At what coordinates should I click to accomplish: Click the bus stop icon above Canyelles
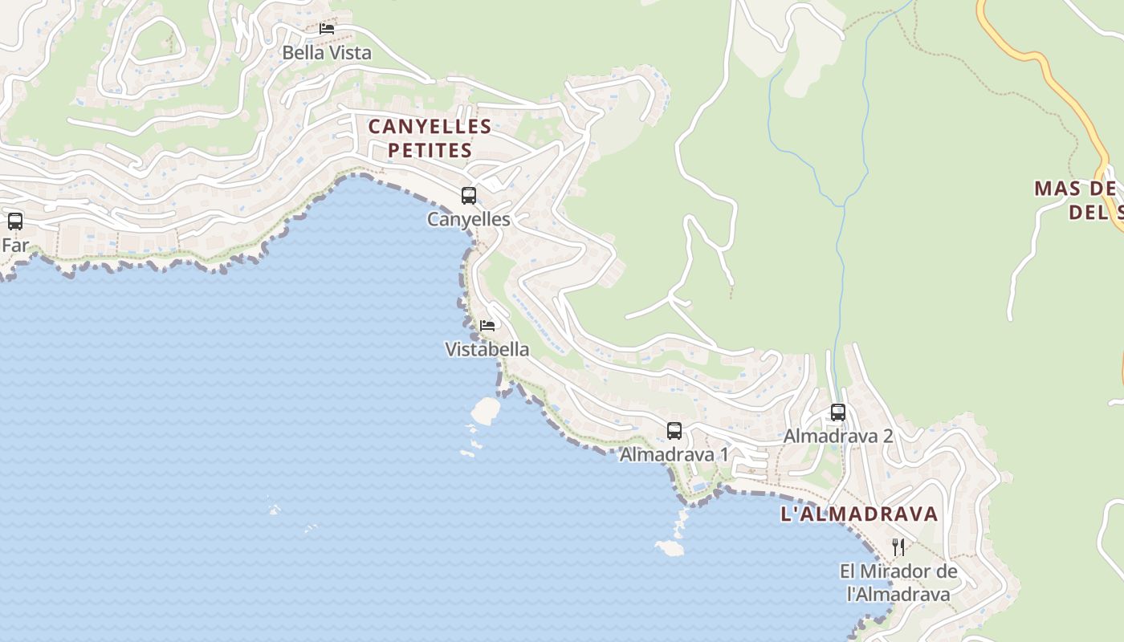pos(469,195)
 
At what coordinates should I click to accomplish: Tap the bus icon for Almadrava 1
pos(674,431)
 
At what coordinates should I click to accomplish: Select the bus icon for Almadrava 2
pos(838,412)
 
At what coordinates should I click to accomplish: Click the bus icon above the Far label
pos(15,221)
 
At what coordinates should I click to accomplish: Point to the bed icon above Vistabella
pos(487,325)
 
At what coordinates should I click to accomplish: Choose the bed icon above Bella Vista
pos(327,28)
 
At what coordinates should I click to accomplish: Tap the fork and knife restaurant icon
pos(899,547)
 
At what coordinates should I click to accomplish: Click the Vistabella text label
pos(487,349)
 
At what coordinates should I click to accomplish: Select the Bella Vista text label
pos(327,53)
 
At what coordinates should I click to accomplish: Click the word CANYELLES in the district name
pos(430,127)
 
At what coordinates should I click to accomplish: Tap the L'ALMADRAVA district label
pos(859,514)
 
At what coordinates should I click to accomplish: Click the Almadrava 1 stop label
pos(674,455)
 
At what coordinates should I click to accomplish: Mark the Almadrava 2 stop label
pos(838,437)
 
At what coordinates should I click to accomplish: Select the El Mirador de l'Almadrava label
pos(899,583)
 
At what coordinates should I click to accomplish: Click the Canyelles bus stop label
pos(469,219)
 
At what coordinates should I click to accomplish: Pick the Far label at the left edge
pos(14,246)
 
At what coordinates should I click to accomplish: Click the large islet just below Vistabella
pos(485,410)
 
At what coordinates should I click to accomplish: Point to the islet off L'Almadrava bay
pos(669,548)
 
